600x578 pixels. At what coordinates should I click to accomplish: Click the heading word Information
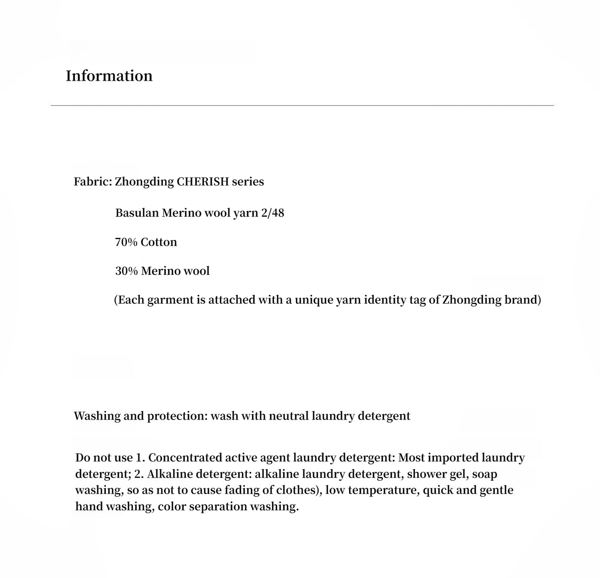tap(109, 76)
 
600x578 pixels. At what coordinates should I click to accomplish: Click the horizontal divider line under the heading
tap(302, 106)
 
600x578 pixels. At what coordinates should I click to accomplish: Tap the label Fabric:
tap(93, 182)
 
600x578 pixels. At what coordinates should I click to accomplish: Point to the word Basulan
tap(137, 213)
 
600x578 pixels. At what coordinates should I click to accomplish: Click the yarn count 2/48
tap(273, 213)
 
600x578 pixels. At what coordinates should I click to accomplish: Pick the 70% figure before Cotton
tap(126, 242)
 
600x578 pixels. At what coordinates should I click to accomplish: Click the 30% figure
tap(126, 271)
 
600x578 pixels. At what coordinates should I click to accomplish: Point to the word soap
tap(485, 474)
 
